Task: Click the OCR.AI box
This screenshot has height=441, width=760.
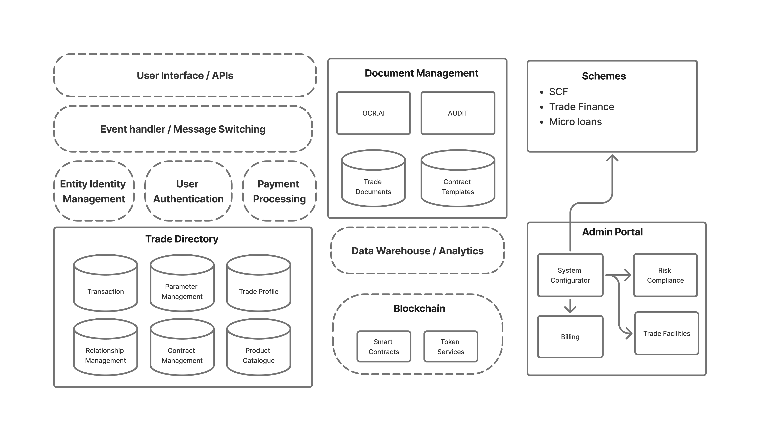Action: point(373,113)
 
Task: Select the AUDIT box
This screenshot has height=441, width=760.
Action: point(458,113)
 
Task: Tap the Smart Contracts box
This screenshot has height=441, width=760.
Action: point(384,346)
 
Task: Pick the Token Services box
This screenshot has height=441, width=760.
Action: point(451,346)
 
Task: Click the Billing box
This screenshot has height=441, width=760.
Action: point(570,337)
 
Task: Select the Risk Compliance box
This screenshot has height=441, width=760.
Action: point(665,275)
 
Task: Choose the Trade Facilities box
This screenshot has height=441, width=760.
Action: point(666,333)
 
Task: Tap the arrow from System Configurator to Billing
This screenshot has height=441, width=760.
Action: point(570,306)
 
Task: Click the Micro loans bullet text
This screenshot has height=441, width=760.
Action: point(575,122)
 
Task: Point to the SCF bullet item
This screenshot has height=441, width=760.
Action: point(558,92)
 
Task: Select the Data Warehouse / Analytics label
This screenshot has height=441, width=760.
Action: point(417,251)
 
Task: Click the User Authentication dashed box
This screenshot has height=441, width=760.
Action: point(188,191)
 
